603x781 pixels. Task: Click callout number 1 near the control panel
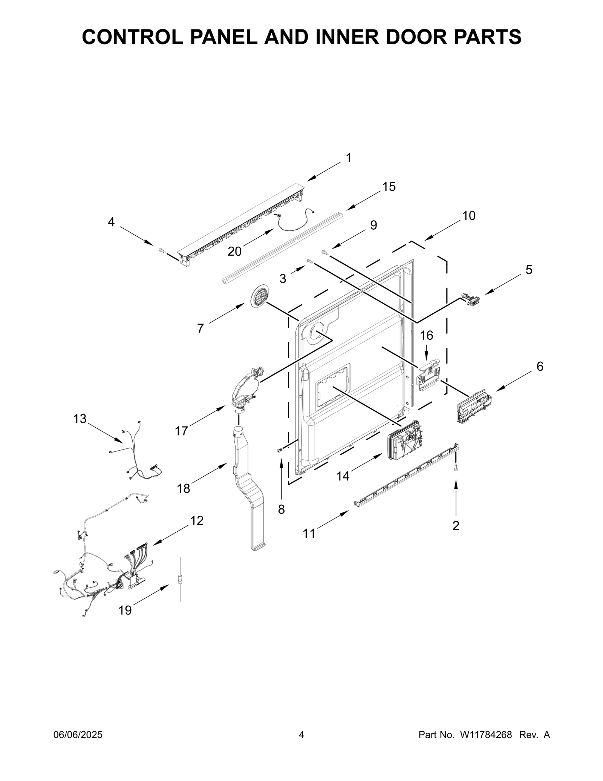349,158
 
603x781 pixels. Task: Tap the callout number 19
125,610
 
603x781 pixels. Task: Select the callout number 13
80,419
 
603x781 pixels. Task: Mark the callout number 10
469,216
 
